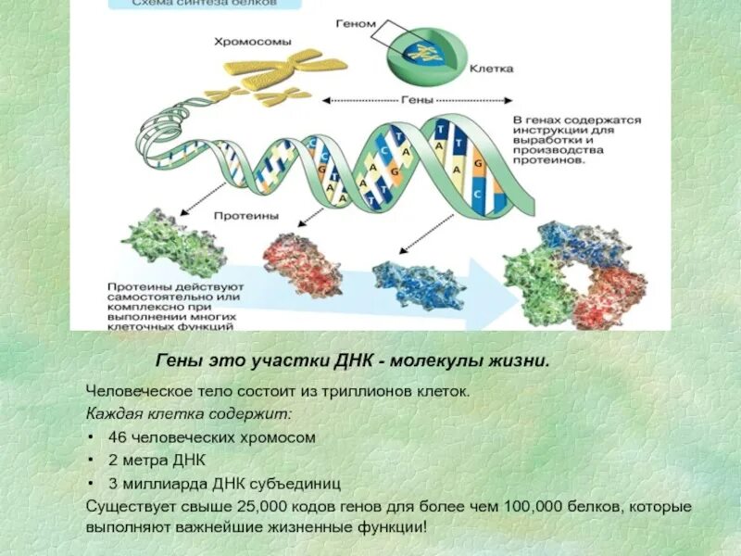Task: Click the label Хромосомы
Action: coord(252,41)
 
